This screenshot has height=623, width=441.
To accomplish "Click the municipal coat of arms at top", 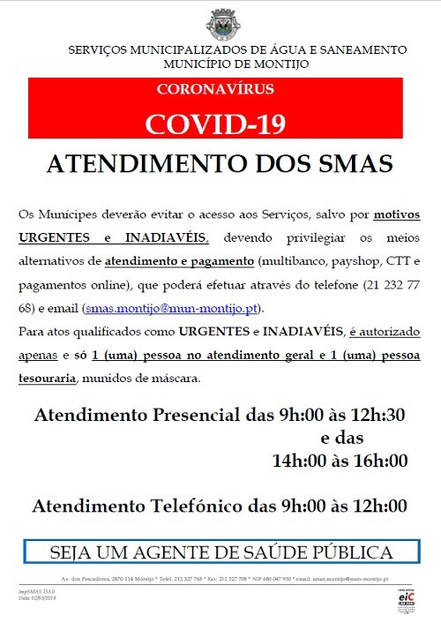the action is point(220,22).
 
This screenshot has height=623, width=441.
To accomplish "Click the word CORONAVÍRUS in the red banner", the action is point(214,89).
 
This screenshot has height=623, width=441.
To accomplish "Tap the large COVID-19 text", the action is point(216,123).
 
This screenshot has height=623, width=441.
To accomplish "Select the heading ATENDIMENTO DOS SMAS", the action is point(220,166).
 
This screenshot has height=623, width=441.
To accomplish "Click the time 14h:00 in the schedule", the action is point(304,460).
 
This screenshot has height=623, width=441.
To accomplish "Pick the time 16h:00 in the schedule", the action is point(377,460).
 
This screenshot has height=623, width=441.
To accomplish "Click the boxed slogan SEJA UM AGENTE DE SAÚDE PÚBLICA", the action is point(220,553).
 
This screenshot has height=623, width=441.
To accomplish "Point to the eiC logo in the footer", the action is point(407,597).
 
